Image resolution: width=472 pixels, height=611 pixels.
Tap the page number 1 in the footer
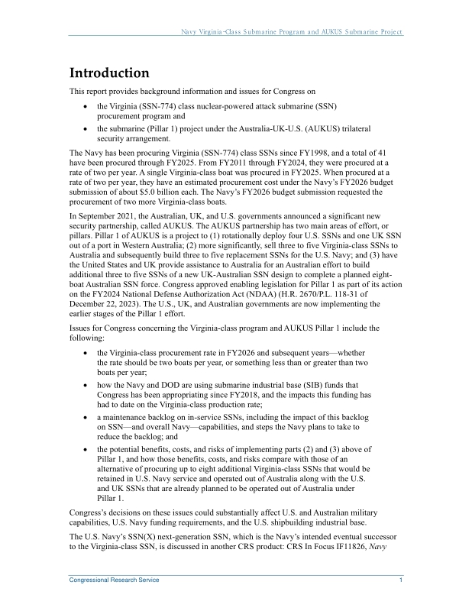pos(401,580)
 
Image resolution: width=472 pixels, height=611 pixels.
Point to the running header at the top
pos(291,32)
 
